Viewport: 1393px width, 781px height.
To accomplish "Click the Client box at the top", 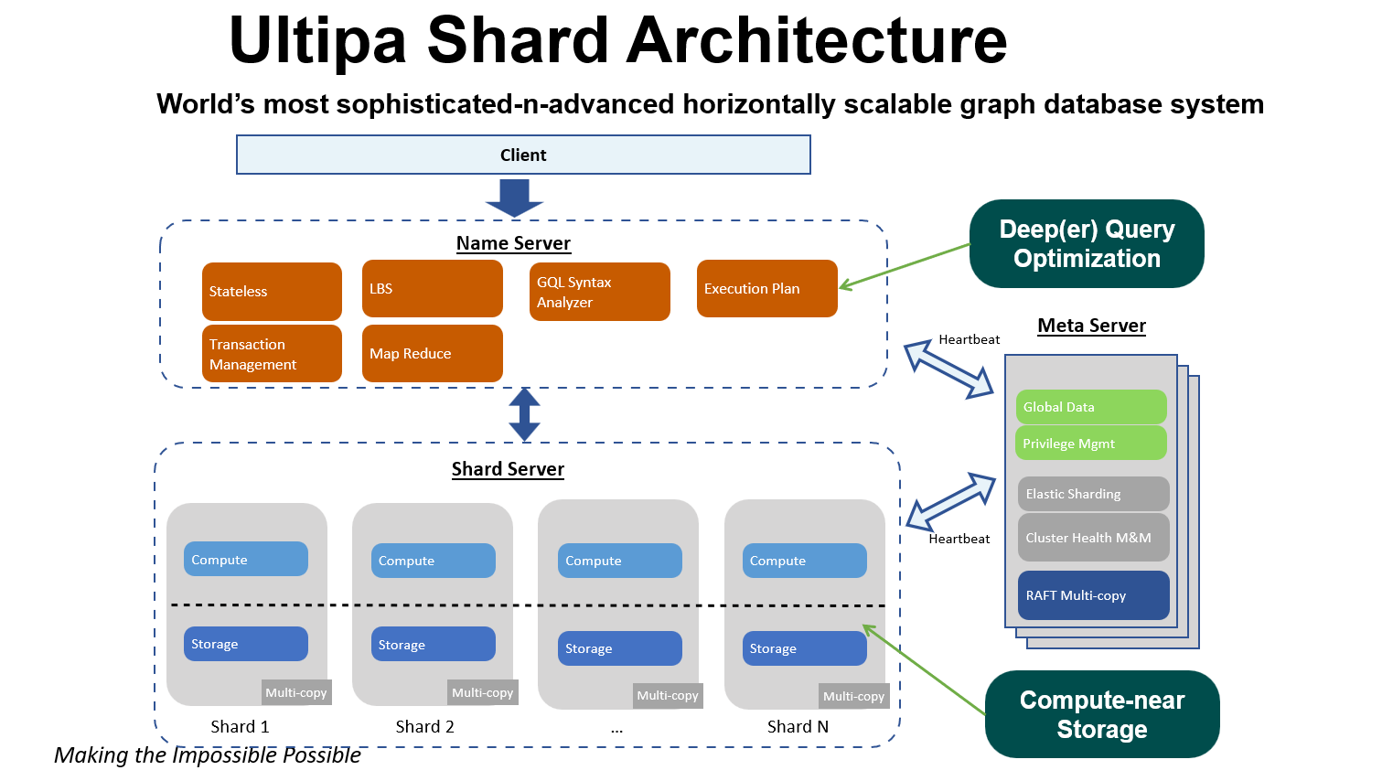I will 523,155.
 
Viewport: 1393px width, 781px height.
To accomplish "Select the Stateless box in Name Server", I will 272,291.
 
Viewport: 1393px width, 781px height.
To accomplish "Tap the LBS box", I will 432,288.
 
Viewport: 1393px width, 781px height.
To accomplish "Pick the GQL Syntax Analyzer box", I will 599,292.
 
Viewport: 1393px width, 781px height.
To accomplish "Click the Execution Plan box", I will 766,288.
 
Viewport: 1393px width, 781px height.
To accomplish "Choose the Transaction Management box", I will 272,354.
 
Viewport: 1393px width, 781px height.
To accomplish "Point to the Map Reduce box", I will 432,353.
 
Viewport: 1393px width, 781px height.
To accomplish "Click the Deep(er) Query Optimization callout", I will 1087,243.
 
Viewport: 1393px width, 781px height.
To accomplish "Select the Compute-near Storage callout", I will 1102,714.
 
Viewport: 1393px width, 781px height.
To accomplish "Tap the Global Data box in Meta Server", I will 1091,407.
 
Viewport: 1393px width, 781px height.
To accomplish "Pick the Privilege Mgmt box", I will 1091,444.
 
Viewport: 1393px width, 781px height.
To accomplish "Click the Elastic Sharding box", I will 1093,494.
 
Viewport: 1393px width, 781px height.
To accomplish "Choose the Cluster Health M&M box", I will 1093,538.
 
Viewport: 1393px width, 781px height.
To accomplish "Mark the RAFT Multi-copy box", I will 1093,595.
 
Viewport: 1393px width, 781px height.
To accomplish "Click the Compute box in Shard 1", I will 245,559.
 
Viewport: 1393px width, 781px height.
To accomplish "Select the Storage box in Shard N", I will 804,648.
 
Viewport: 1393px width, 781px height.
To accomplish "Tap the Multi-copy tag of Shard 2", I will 482,692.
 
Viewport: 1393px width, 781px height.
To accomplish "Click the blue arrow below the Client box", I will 514,197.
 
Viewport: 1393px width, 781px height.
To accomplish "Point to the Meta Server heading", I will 1091,326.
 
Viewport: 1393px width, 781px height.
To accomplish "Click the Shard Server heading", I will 508,469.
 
